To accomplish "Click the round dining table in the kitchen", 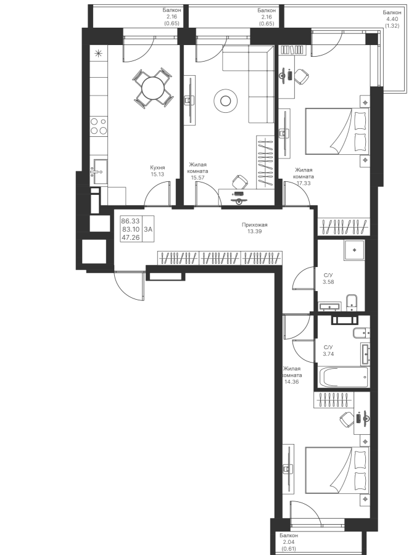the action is point(153,88).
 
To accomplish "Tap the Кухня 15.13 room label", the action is point(157,171).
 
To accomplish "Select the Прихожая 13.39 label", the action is point(255,228).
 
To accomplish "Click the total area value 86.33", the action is point(130,221).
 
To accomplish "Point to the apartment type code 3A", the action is point(148,229).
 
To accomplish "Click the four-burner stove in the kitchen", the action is point(99,126).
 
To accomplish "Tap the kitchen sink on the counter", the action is point(99,171).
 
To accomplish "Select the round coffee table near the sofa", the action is point(225,102).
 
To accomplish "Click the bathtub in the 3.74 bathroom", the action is point(344,377).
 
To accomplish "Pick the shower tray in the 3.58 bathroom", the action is point(354,250).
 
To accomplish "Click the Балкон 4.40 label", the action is point(392,18).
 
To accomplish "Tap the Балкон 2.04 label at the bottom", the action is point(289,542).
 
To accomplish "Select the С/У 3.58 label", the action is point(328,279).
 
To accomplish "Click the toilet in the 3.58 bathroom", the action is point(351,302).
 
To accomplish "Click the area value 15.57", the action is point(197,178).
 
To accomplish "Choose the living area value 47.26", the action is point(130,237).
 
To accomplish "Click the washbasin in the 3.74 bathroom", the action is point(365,353).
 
